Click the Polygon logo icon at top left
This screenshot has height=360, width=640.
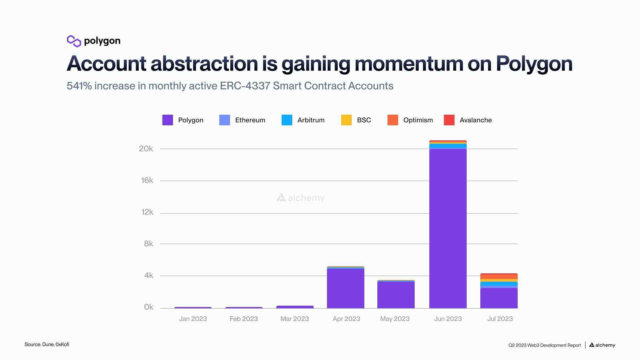pyautogui.click(x=74, y=41)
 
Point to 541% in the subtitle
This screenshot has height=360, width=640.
pyautogui.click(x=79, y=86)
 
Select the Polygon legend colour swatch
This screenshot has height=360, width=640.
pyautogui.click(x=167, y=120)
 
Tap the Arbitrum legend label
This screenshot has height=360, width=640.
pyautogui.click(x=311, y=120)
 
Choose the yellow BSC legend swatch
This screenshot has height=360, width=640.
pyautogui.click(x=346, y=120)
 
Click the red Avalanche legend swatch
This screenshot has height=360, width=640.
pyautogui.click(x=449, y=120)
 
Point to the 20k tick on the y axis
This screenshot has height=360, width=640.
pyautogui.click(x=146, y=149)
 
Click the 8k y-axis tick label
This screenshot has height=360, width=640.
pyautogui.click(x=148, y=244)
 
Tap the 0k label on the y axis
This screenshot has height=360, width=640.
pyautogui.click(x=148, y=307)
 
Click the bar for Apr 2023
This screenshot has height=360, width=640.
pyautogui.click(x=345, y=288)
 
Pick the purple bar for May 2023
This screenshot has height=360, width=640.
pyautogui.click(x=396, y=295)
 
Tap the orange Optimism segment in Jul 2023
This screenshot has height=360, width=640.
pyautogui.click(x=499, y=277)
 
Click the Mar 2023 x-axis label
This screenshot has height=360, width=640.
pyautogui.click(x=294, y=319)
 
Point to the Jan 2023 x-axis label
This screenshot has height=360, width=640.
pyautogui.click(x=193, y=319)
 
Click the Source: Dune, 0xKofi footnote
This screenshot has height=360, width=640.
pyautogui.click(x=47, y=344)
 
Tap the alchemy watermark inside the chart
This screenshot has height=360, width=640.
pyautogui.click(x=301, y=198)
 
